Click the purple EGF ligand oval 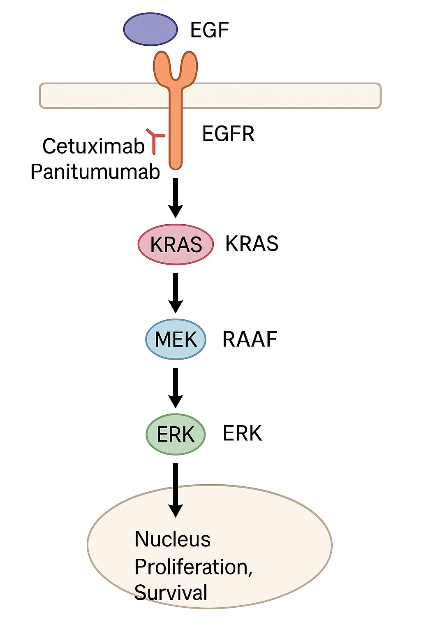[150, 29]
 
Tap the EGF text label [209, 30]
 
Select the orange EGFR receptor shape [176, 123]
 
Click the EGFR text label [228, 134]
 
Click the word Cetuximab [94, 146]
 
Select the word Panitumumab [95, 172]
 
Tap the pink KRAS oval [176, 244]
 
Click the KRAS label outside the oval [252, 244]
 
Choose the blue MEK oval [176, 339]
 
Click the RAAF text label [250, 339]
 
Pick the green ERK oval [176, 434]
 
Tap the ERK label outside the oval [242, 433]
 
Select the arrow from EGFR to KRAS [176, 197]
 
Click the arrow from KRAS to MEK [176, 293]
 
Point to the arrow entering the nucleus [176, 490]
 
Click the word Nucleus [172, 539]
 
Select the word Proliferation [191, 567]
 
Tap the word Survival [171, 592]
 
